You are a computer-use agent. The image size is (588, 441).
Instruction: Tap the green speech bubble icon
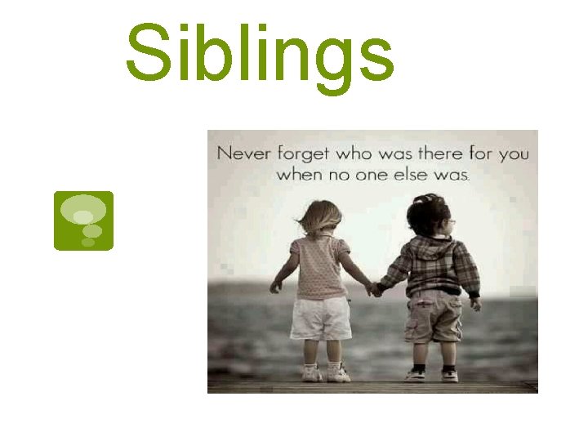pos(83,220)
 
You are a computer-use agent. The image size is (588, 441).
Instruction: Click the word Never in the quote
pos(245,153)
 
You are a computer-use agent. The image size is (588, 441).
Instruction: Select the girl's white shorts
pos(321,317)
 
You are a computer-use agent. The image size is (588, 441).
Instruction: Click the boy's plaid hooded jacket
pos(432,265)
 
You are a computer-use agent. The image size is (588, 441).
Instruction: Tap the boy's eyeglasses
pos(451,221)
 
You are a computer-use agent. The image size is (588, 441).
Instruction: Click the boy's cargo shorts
pos(434,318)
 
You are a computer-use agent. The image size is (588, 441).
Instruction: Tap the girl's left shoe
pos(311,373)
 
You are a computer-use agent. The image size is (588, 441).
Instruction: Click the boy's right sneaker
pos(449,375)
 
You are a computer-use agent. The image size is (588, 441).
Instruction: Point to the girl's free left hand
pos(276,287)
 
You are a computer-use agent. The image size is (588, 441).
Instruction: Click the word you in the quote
pos(513,153)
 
